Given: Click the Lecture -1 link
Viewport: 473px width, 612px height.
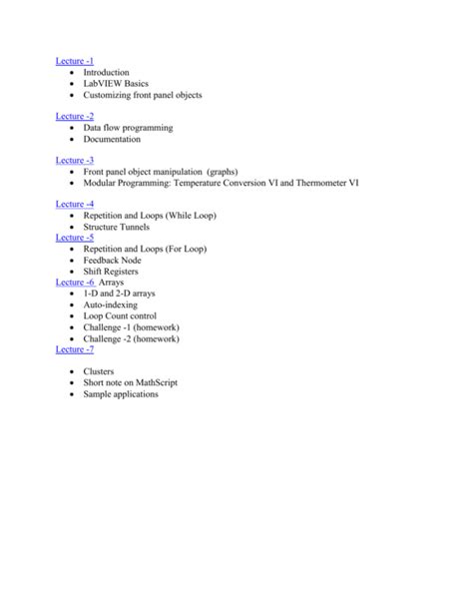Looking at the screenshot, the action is (x=74, y=62).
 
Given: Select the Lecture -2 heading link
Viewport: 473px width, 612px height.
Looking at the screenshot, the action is (x=74, y=117).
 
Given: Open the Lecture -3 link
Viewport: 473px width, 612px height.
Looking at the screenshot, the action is (x=74, y=161).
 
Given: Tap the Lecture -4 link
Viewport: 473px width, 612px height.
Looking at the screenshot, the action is (x=74, y=205).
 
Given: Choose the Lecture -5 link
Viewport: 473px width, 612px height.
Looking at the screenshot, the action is (x=74, y=238).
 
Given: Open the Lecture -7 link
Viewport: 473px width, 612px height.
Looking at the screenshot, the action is (x=74, y=349).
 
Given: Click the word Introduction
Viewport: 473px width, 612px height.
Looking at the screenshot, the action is (x=107, y=73).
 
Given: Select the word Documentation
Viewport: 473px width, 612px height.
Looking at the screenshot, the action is (x=112, y=139).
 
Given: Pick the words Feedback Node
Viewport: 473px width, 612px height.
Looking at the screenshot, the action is (x=112, y=260).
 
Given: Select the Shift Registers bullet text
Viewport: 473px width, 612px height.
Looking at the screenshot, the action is (x=111, y=272).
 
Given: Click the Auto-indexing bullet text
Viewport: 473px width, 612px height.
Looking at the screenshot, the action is (x=111, y=305).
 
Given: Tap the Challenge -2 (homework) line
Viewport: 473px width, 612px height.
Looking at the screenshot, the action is (x=131, y=338).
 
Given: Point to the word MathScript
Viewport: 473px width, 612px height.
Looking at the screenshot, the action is (x=155, y=382).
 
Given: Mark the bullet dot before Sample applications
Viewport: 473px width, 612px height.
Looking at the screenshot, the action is (x=72, y=394).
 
